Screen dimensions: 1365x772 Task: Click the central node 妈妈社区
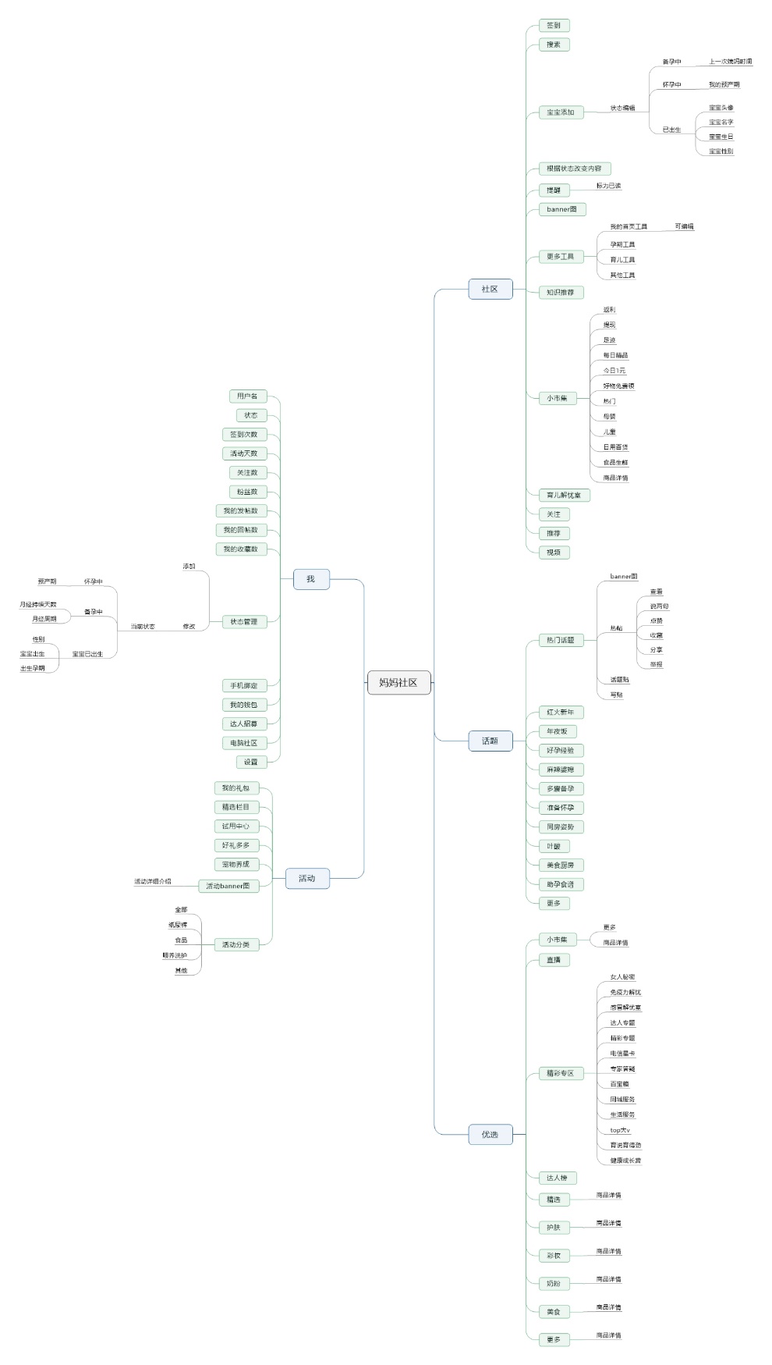tap(398, 682)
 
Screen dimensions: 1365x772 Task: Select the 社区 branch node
tap(490, 289)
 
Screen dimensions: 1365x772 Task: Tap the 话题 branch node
tap(490, 741)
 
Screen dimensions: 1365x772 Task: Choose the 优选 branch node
tap(490, 1134)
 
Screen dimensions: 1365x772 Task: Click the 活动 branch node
tap(306, 878)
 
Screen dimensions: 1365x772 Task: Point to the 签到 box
tap(554, 25)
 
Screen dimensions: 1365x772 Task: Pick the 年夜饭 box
tap(558, 731)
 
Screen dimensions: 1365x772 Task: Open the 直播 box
tap(554, 959)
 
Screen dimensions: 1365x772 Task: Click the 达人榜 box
tap(558, 1178)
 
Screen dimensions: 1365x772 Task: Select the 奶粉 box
tap(554, 1283)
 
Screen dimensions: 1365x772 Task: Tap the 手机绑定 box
tap(243, 685)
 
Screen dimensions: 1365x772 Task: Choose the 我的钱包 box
tap(243, 705)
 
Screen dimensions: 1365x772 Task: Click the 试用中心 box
tap(235, 826)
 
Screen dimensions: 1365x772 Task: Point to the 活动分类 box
tap(235, 944)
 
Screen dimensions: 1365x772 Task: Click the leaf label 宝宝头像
tap(721, 108)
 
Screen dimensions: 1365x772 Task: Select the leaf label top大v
tap(620, 1130)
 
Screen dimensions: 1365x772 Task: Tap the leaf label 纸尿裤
tap(178, 925)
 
